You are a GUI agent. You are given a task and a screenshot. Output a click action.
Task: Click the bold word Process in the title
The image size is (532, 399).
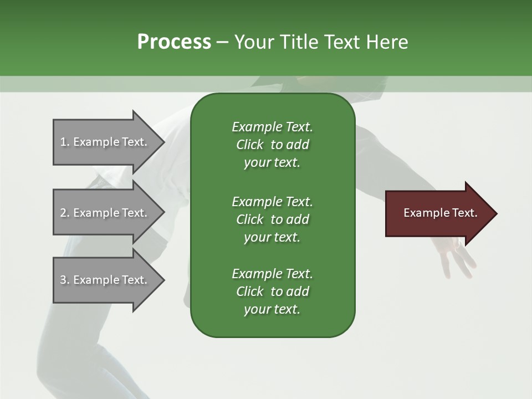tap(174, 42)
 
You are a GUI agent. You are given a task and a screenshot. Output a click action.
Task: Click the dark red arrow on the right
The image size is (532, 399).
tap(438, 213)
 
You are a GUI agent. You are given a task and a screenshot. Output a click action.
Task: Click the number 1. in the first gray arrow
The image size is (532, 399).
tap(65, 142)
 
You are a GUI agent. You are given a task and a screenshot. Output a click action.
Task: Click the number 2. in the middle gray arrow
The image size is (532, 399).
tap(65, 213)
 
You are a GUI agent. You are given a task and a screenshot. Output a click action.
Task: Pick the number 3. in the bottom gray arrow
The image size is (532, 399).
tap(65, 280)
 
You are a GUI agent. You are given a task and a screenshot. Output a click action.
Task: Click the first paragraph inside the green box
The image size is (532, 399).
tap(272, 145)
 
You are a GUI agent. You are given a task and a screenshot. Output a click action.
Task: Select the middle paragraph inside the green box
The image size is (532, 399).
tap(272, 219)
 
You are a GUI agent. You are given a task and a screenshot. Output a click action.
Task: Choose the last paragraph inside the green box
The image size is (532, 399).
tap(272, 291)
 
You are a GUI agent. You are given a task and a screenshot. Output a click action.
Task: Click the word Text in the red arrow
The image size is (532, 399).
tap(466, 213)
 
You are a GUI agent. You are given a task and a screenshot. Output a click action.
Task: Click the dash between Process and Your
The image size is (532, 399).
tap(222, 42)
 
